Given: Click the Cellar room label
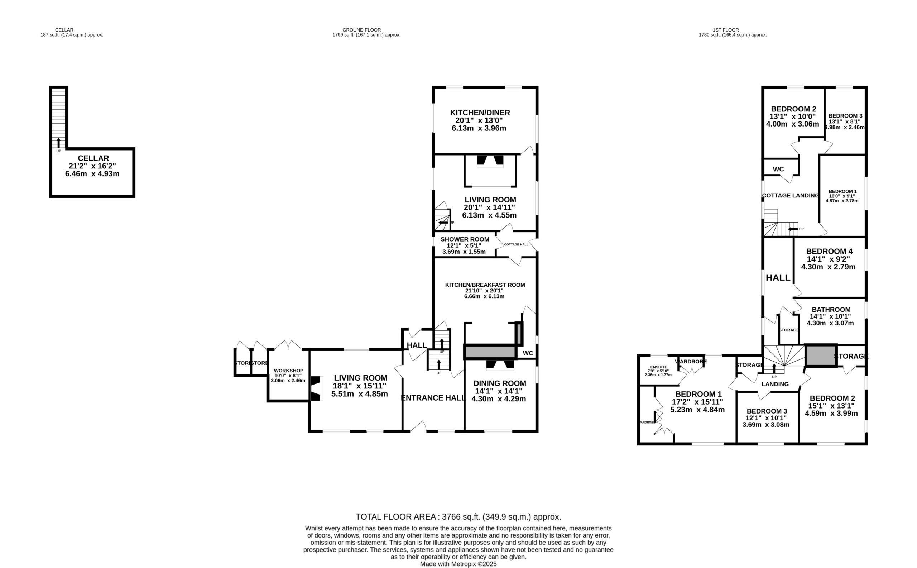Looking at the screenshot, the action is point(93,158).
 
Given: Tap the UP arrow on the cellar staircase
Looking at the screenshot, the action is point(58,143).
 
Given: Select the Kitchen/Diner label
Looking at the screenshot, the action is point(480,113).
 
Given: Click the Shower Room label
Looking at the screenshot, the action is point(465,239).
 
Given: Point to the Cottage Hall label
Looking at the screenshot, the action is point(516,244).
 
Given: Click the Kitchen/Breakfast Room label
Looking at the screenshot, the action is point(485,285).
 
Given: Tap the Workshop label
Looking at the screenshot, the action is point(288,371).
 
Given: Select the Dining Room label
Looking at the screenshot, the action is point(499,383).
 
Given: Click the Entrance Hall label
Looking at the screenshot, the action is point(433,398).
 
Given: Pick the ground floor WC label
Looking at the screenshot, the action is point(528,353).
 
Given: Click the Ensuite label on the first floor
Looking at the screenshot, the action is point(659,367).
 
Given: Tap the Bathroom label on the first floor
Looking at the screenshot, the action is point(831,310).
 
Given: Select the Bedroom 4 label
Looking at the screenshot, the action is point(829,251).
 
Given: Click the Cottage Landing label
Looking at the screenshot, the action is point(791,195).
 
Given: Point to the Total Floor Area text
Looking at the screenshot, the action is point(458,516).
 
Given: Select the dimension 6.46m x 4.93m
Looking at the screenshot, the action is point(92,174).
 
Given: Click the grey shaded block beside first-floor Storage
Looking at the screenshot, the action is point(821,355).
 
